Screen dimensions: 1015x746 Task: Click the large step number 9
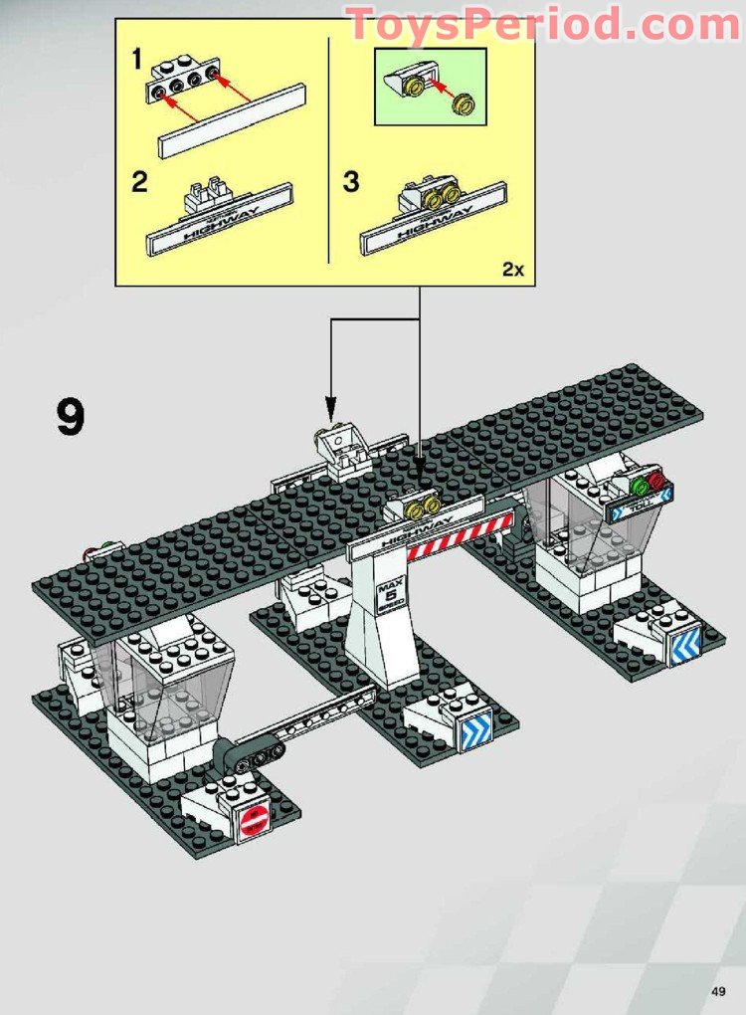71,418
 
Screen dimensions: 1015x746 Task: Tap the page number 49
718,990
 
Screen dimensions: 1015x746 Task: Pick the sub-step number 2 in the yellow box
140,182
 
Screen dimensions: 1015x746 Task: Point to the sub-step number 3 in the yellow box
351,182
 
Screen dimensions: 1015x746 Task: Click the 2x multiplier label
512,270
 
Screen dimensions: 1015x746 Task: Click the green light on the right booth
639,487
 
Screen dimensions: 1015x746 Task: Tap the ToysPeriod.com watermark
543,23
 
